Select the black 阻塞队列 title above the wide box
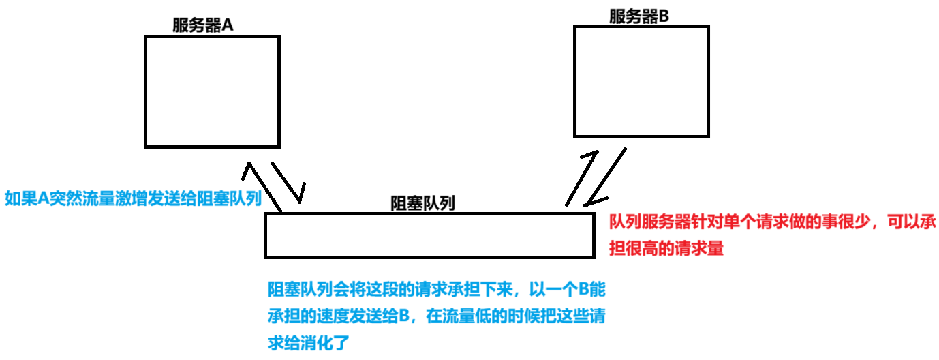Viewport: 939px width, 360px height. point(422,202)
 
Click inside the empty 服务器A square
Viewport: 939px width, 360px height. point(212,91)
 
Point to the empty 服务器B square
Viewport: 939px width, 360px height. point(641,80)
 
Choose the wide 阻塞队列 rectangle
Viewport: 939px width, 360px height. point(429,235)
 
